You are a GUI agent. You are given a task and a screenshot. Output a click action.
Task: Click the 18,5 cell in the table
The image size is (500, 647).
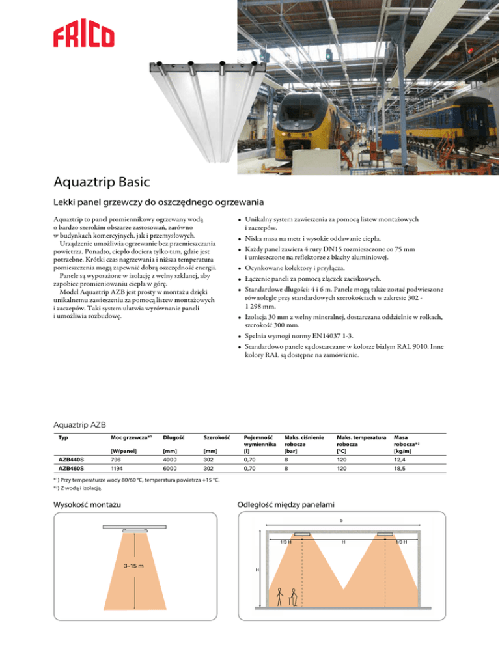coord(391,469)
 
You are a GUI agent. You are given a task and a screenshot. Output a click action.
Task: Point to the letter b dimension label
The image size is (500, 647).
coord(340,521)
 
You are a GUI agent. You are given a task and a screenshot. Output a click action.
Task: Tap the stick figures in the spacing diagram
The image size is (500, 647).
coord(286,598)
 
